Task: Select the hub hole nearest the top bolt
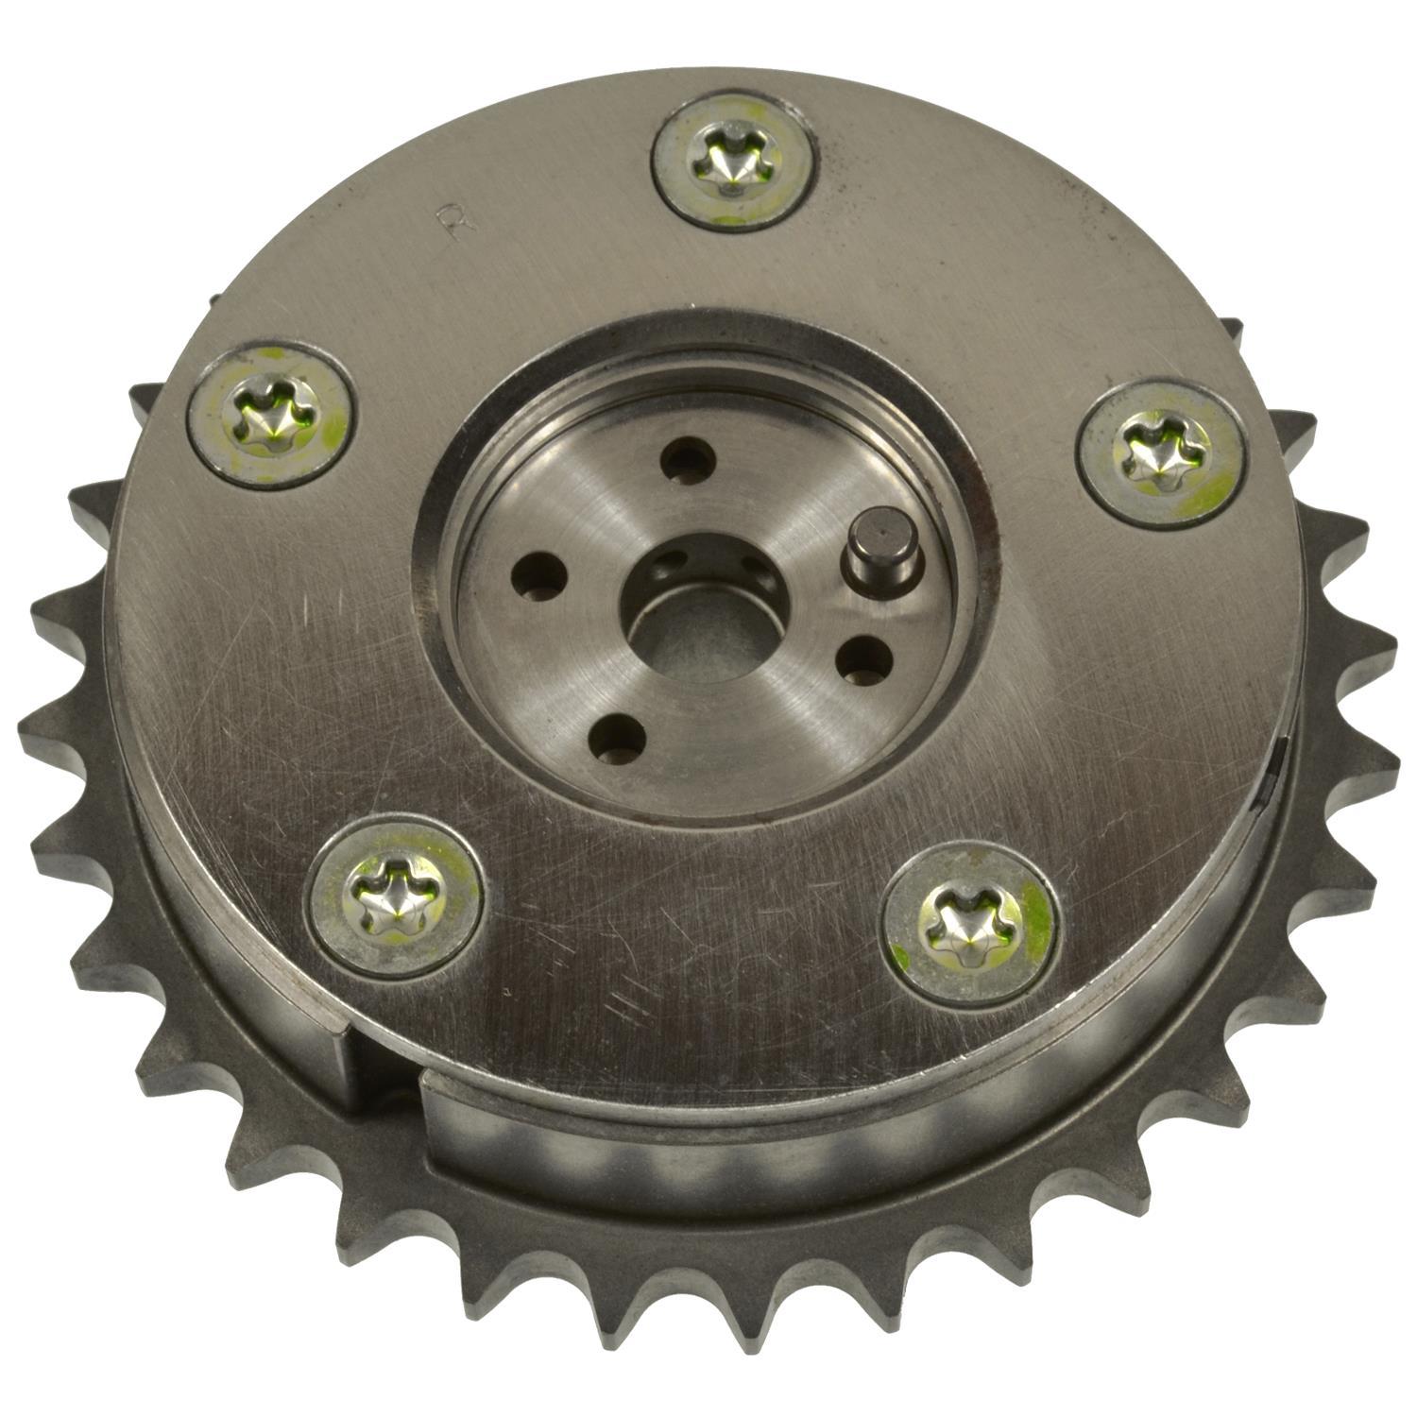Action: coord(687,458)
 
